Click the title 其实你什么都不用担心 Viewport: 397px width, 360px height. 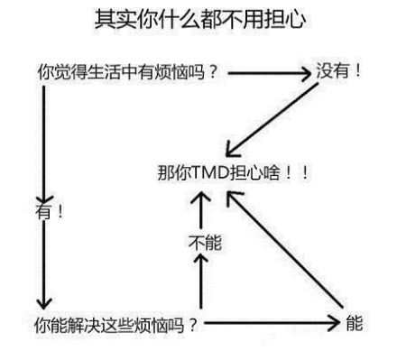200,19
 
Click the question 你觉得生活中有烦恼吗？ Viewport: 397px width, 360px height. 127,71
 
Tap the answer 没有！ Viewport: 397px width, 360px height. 338,71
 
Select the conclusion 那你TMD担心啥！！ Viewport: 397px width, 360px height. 233,172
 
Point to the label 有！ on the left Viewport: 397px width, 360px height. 50,211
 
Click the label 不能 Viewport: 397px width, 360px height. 205,243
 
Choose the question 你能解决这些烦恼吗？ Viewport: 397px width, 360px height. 116,325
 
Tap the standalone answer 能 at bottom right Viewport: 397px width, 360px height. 355,323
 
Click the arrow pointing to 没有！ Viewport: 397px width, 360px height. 270,73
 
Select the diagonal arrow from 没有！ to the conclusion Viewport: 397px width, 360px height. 272,120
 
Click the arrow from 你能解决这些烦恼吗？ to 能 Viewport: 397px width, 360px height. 272,323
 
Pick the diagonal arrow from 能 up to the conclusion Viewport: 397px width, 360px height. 285,250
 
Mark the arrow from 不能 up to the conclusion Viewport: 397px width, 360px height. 201,209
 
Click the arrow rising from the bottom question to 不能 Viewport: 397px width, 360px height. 201,282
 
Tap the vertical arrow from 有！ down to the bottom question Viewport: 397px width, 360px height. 44,264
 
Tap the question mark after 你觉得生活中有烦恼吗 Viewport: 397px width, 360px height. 212,71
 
